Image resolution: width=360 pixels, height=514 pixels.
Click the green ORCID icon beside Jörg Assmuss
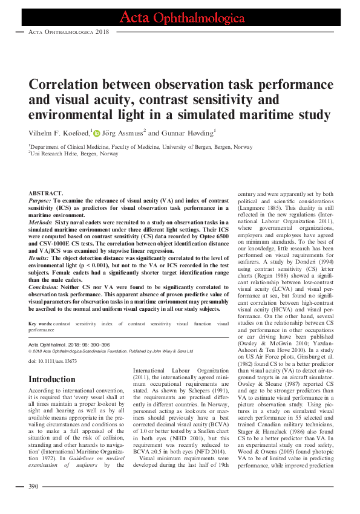[96, 133]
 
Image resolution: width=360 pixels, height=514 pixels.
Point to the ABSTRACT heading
[46, 192]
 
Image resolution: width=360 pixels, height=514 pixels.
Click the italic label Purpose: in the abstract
[40, 200]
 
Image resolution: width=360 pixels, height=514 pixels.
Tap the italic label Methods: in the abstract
[41, 223]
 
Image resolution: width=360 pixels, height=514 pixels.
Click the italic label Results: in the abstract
[40, 258]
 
